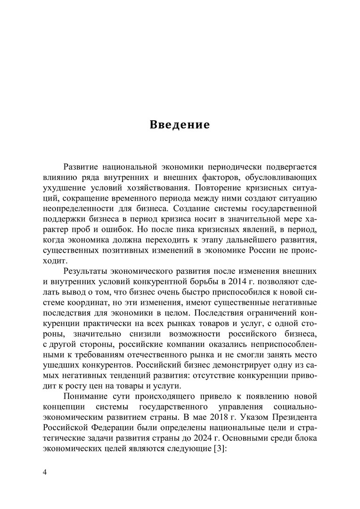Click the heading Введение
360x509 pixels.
(x=180, y=125)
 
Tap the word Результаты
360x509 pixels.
(x=88, y=271)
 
